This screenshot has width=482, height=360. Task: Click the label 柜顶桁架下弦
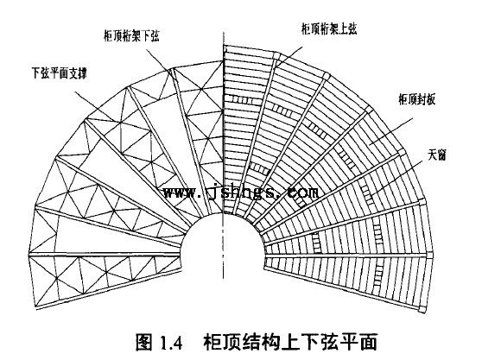pyautogui.click(x=131, y=36)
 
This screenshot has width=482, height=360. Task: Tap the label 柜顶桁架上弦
pyautogui.click(x=329, y=28)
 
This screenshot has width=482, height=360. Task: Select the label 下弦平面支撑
pyautogui.click(x=60, y=73)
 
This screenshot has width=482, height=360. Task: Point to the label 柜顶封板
pyautogui.click(x=417, y=99)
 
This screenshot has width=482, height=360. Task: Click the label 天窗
pyautogui.click(x=437, y=155)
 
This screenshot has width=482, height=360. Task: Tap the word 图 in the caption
pyautogui.click(x=143, y=342)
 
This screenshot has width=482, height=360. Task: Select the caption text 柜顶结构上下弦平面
pyautogui.click(x=290, y=342)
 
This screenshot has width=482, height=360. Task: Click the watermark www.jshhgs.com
pyautogui.click(x=241, y=192)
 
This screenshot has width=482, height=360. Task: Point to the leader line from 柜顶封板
pyautogui.click(x=390, y=131)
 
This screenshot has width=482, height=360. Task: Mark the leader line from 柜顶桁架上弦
pyautogui.click(x=289, y=58)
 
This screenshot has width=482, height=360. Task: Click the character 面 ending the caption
pyautogui.click(x=369, y=342)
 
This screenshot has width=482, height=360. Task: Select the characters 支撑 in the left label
pyautogui.click(x=78, y=73)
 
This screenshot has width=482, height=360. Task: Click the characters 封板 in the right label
pyautogui.click(x=426, y=99)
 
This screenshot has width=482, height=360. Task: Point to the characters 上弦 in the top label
pyautogui.click(x=347, y=28)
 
